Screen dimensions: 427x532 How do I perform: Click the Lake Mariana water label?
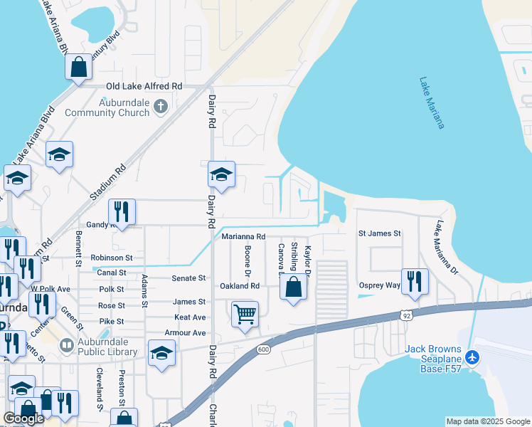(432, 103)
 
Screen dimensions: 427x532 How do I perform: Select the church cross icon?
(161, 107)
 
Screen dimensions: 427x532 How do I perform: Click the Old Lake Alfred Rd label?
(144, 86)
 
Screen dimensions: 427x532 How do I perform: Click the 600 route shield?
(263, 349)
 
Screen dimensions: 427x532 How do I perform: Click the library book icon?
(67, 345)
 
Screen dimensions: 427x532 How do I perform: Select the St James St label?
(379, 233)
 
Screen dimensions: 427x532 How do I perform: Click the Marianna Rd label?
(243, 236)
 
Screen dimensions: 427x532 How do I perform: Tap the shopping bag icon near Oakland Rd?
(294, 288)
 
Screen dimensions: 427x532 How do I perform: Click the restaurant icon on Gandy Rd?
(122, 211)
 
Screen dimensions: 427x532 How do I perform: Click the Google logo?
(23, 418)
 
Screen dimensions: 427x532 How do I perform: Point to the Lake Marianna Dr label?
(447, 246)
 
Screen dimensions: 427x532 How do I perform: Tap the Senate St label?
(191, 278)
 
